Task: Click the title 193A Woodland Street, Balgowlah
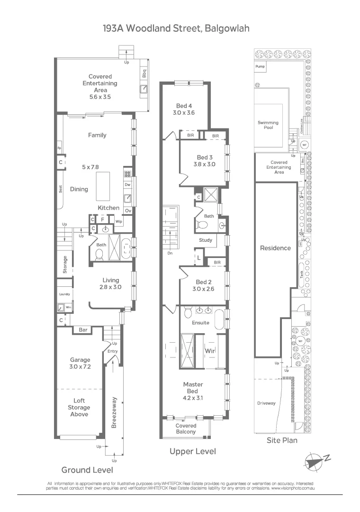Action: pos(176,28)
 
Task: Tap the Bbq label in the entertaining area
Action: pos(144,74)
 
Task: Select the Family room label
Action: pos(97,135)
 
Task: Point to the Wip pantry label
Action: pos(119,221)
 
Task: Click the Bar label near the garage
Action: pos(83,329)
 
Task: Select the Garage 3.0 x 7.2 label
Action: pos(80,364)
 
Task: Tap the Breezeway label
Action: pos(114,412)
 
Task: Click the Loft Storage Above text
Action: pos(79,408)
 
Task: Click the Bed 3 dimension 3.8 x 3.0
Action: pos(204,165)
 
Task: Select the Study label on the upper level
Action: pos(205,240)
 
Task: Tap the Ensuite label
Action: pos(200,323)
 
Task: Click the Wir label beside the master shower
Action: pos(210,351)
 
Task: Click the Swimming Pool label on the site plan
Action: pos(268,126)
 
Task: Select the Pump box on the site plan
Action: pos(260,67)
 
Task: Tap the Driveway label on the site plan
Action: pos(266,403)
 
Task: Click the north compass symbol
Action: pos(314,460)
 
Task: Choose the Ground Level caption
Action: pos(87,470)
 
